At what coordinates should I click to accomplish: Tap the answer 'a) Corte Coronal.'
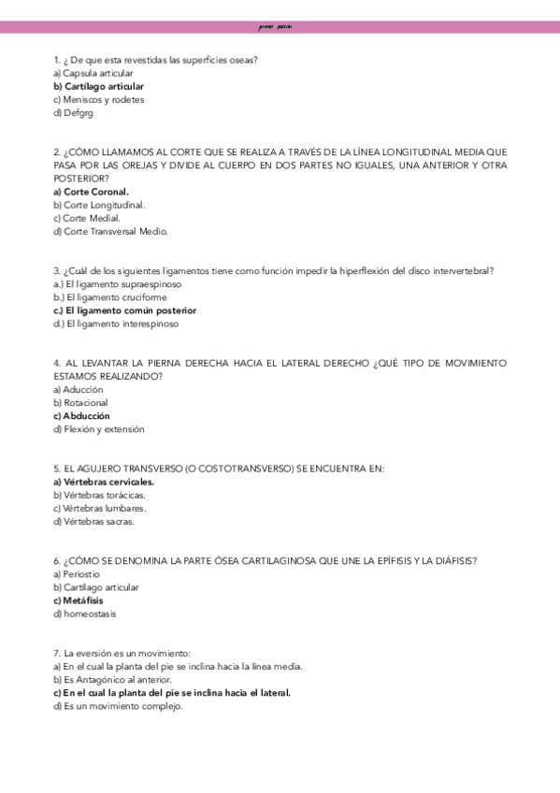(92, 192)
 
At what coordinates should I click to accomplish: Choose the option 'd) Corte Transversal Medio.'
(111, 231)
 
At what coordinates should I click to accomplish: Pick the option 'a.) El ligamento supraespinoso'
(118, 283)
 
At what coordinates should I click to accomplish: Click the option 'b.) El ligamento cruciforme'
(110, 297)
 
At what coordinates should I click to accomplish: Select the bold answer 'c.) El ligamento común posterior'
(125, 310)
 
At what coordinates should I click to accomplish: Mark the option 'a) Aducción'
(79, 389)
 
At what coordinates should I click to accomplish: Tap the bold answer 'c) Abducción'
(81, 415)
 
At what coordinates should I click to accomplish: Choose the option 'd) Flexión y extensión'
(99, 429)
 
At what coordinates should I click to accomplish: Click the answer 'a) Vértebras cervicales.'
(104, 482)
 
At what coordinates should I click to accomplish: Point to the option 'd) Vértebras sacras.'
(94, 522)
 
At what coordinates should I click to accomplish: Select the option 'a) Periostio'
(77, 574)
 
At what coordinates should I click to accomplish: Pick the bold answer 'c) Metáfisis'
(79, 600)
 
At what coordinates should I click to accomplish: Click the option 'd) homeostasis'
(85, 613)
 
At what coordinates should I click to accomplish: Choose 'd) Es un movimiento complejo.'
(118, 706)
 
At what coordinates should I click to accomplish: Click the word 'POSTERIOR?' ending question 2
(80, 178)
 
